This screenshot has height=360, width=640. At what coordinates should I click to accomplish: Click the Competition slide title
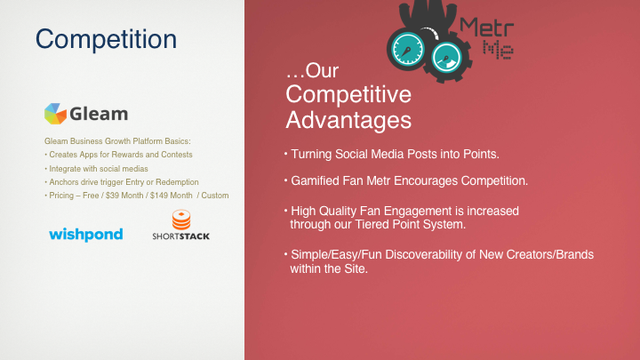(x=106, y=40)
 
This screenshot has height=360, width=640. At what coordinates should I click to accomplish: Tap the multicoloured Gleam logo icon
(x=55, y=114)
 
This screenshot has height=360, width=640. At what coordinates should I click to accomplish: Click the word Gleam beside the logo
(x=99, y=114)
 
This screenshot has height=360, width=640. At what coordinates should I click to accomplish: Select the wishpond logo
(x=85, y=235)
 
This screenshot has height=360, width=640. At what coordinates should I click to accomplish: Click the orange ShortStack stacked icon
(x=181, y=220)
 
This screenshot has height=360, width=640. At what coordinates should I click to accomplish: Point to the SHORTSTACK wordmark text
(x=180, y=236)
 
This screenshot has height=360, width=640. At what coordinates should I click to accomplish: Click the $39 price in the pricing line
(x=113, y=196)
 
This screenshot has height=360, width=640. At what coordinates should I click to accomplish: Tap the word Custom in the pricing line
(x=215, y=196)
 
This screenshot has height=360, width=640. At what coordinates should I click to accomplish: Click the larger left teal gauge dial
(x=407, y=50)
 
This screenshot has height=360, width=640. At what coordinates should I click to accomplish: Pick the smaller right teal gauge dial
(x=446, y=58)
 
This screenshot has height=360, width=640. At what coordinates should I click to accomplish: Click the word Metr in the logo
(x=486, y=28)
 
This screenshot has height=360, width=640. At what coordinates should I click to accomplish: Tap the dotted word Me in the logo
(x=498, y=50)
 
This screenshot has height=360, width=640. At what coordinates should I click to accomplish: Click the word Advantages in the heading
(x=348, y=120)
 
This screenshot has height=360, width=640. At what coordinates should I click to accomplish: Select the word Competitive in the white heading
(x=348, y=94)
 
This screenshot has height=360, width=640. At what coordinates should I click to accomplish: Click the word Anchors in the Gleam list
(x=62, y=182)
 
